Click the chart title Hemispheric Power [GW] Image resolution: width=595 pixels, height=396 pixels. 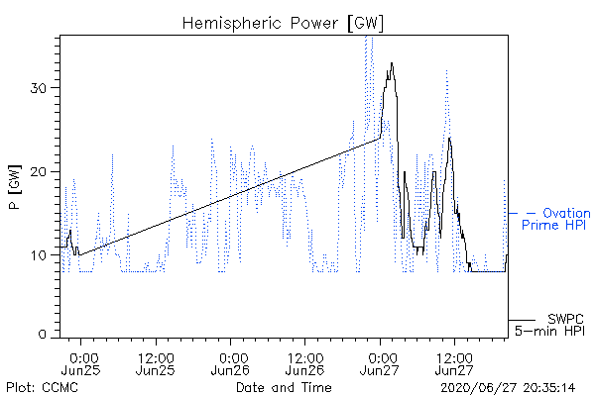coord(283,24)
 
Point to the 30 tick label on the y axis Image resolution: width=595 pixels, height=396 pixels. coord(38,88)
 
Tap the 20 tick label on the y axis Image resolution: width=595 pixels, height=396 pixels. coord(38,172)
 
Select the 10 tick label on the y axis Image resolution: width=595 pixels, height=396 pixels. coord(38,255)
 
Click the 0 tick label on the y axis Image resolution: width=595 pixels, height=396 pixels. coord(43,335)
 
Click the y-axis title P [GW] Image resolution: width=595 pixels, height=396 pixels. coord(15,187)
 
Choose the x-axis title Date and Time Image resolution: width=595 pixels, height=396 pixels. coord(284,387)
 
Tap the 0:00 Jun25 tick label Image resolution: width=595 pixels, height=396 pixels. coord(80,363)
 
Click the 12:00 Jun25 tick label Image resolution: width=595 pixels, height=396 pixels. coord(156,363)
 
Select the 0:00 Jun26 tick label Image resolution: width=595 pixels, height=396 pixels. coord(230,363)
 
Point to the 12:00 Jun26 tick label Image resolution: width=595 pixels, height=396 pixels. coord(305,363)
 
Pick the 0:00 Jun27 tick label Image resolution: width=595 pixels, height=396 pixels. coord(380,363)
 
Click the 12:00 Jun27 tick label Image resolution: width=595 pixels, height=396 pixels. coord(454,363)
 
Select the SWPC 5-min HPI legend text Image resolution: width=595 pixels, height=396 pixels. coord(550,325)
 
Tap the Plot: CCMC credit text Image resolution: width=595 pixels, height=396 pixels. coord(42,388)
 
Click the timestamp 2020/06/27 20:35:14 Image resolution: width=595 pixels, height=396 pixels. coord(508,388)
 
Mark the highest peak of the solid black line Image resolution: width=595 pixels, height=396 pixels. coord(392,63)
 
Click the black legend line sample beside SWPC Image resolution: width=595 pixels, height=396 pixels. coord(522,320)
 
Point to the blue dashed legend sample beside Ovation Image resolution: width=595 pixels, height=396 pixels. coord(522,214)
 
